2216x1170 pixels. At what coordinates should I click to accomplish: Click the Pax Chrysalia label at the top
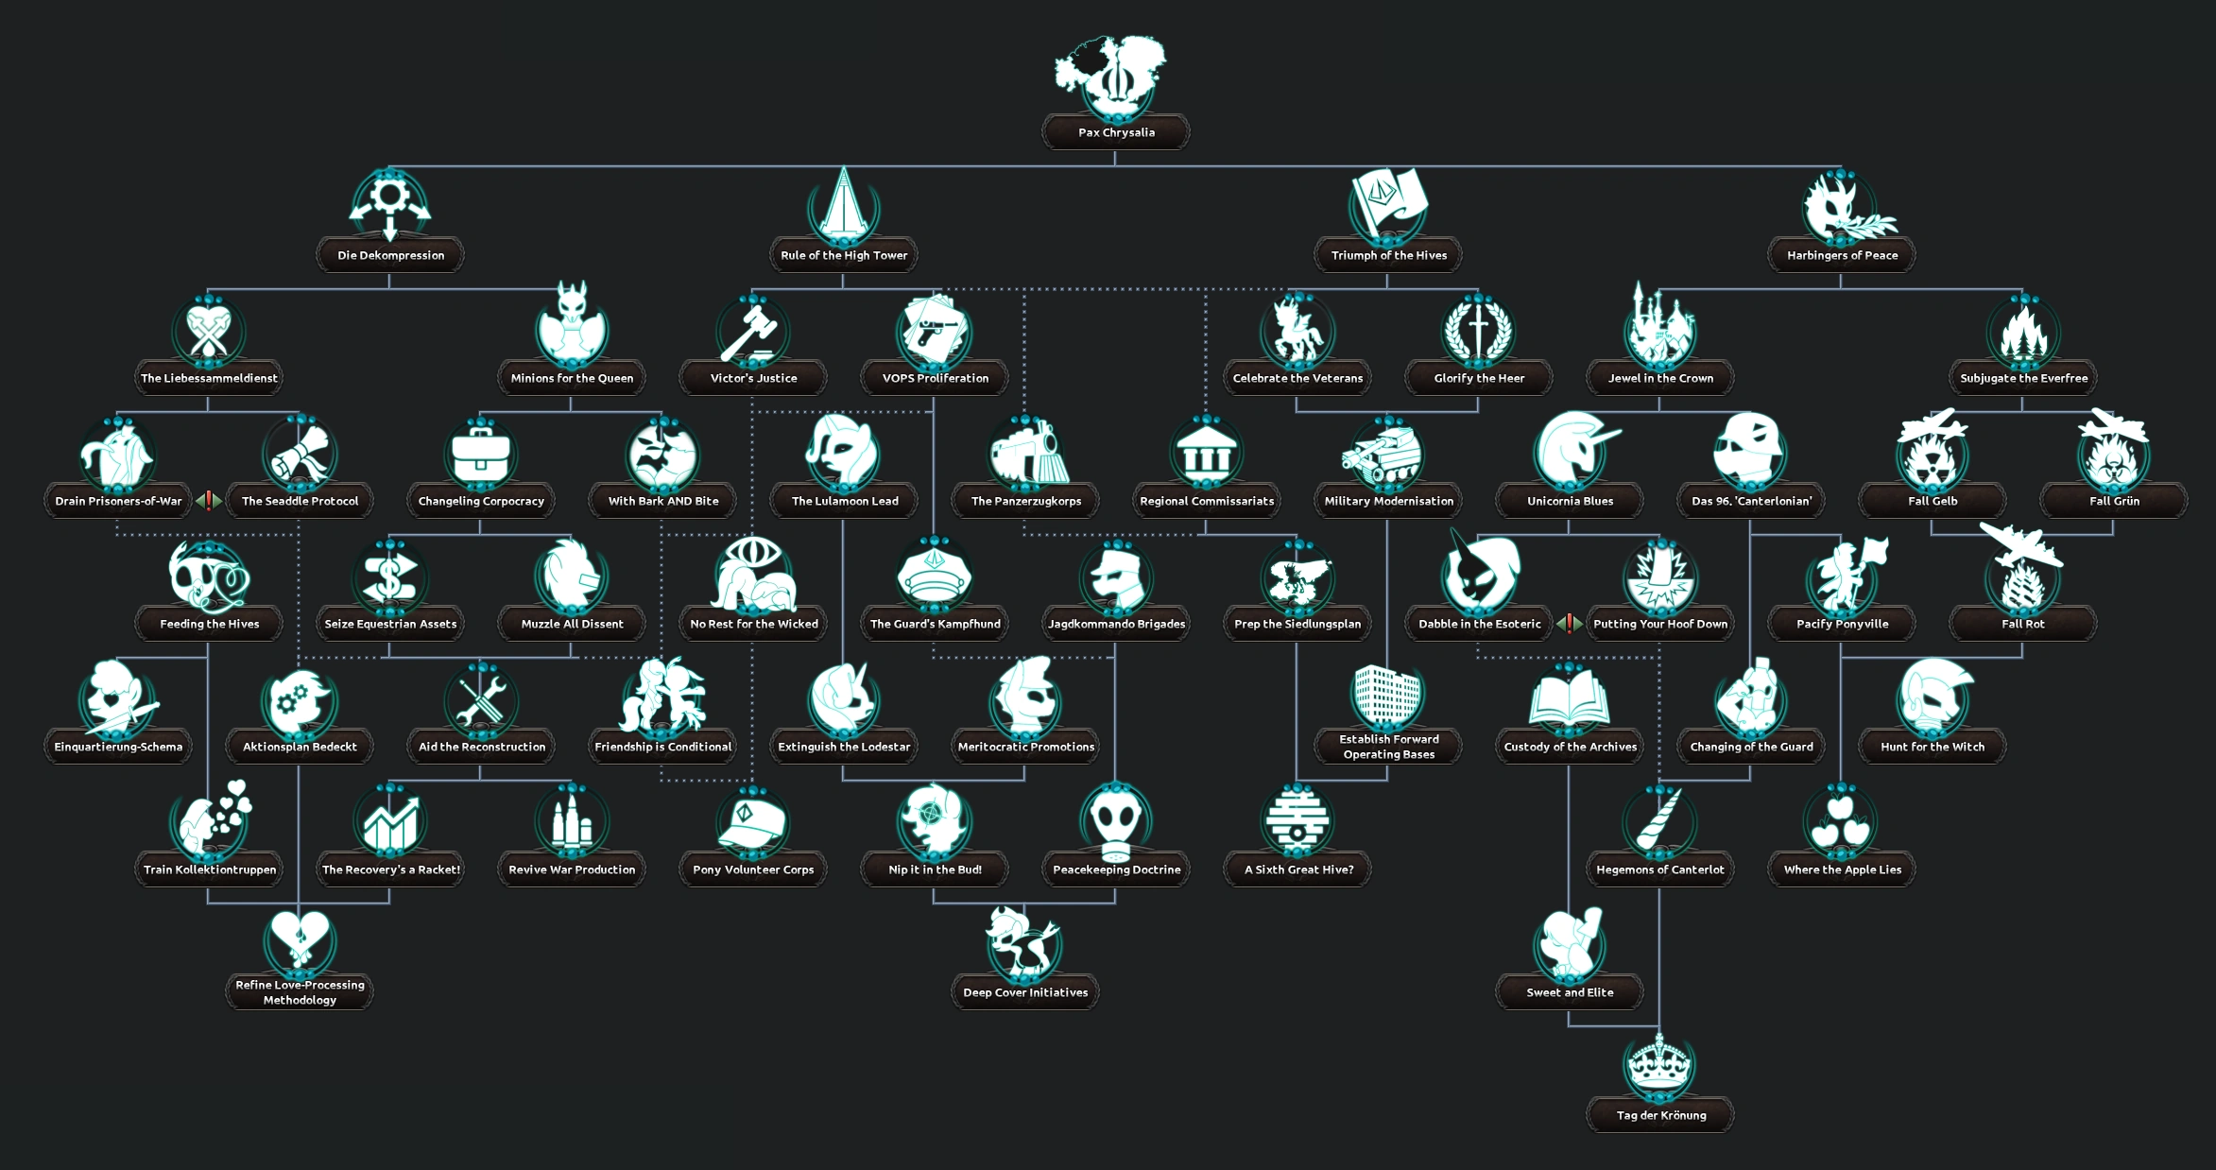pyautogui.click(x=1116, y=132)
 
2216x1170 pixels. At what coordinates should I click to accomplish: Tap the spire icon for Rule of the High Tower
pyautogui.click(x=843, y=202)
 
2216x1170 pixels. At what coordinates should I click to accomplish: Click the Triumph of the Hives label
pyautogui.click(x=1388, y=255)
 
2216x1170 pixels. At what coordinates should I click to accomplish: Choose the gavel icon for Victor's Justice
pyautogui.click(x=752, y=331)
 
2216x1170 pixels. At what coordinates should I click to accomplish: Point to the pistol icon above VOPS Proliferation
pyautogui.click(x=934, y=329)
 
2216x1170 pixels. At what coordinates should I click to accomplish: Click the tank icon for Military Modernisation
pyautogui.click(x=1387, y=454)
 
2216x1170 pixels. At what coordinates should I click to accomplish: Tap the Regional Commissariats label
pyautogui.click(x=1207, y=501)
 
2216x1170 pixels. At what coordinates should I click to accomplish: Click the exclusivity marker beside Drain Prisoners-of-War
pyautogui.click(x=209, y=501)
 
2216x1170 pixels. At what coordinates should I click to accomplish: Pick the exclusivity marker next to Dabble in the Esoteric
pyautogui.click(x=1570, y=624)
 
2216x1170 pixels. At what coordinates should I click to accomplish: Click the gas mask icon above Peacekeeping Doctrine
pyautogui.click(x=1115, y=820)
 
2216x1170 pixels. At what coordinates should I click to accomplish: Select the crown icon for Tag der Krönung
pyautogui.click(x=1659, y=1064)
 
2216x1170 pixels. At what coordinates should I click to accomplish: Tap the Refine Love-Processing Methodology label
pyautogui.click(x=300, y=992)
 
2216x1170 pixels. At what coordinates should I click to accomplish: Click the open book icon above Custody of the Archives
pyautogui.click(x=1569, y=699)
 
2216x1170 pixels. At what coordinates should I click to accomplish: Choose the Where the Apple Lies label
pyautogui.click(x=1842, y=869)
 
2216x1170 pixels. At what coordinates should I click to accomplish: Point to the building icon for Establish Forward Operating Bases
pyautogui.click(x=1387, y=696)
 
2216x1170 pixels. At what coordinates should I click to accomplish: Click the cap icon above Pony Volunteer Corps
pyautogui.click(x=752, y=820)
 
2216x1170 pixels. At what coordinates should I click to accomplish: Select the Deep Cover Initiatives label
pyautogui.click(x=1025, y=992)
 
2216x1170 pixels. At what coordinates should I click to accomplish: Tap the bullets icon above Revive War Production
pyautogui.click(x=571, y=820)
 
